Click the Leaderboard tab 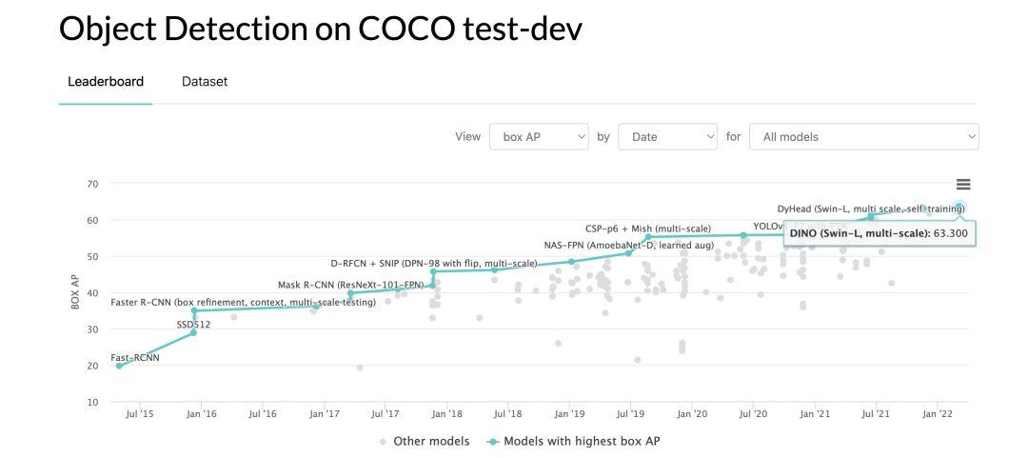pyautogui.click(x=106, y=82)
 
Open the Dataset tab pyautogui.click(x=205, y=82)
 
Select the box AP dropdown pyautogui.click(x=540, y=136)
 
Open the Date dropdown pyautogui.click(x=667, y=136)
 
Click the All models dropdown pyautogui.click(x=863, y=136)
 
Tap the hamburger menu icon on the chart pyautogui.click(x=963, y=185)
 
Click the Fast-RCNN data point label pyautogui.click(x=135, y=358)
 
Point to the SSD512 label pyautogui.click(x=193, y=325)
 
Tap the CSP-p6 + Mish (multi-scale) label pyautogui.click(x=647, y=229)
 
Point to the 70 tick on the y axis pyautogui.click(x=92, y=184)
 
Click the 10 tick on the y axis pyautogui.click(x=92, y=403)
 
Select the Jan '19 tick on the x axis pyautogui.click(x=569, y=414)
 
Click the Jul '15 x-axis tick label pyautogui.click(x=139, y=414)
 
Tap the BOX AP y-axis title pyautogui.click(x=75, y=292)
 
